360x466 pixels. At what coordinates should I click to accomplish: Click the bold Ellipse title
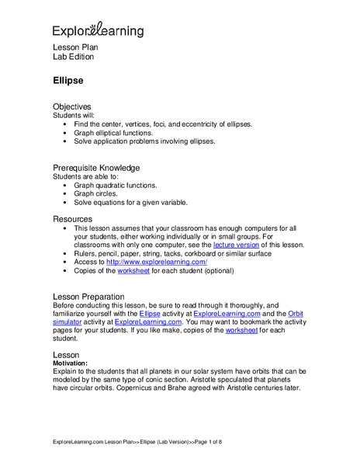[x=69, y=80]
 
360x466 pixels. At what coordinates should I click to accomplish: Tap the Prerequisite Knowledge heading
[x=95, y=168]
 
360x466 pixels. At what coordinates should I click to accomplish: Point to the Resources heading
[x=73, y=220]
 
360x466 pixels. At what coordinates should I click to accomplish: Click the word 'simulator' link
[x=69, y=321]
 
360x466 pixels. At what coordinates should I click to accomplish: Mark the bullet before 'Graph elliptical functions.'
[x=64, y=132]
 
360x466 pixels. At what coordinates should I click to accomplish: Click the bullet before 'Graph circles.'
[x=64, y=195]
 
